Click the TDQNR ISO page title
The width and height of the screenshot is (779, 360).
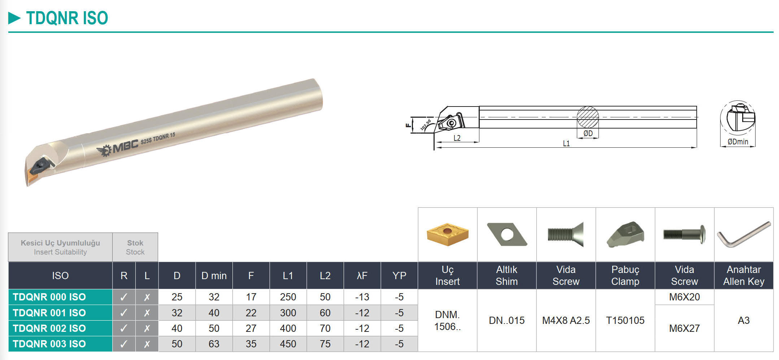pyautogui.click(x=67, y=18)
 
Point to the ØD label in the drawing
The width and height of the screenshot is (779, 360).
pyautogui.click(x=588, y=133)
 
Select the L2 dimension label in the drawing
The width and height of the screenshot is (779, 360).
pyautogui.click(x=457, y=138)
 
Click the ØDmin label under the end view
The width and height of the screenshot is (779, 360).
pyautogui.click(x=738, y=142)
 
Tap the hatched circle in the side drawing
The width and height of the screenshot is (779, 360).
pyautogui.click(x=588, y=117)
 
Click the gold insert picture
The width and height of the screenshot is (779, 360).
pyautogui.click(x=448, y=234)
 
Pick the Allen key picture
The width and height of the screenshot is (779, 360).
pyautogui.click(x=744, y=234)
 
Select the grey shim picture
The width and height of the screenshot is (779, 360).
pyautogui.click(x=507, y=234)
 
